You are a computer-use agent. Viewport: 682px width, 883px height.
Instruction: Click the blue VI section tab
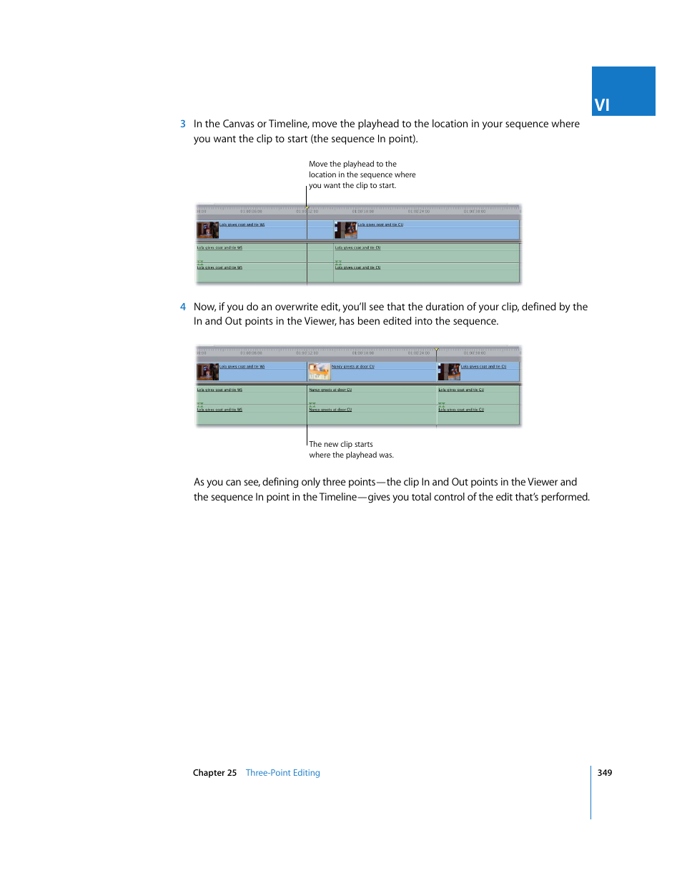pyautogui.click(x=623, y=92)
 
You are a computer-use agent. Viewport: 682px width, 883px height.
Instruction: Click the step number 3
pyautogui.click(x=183, y=124)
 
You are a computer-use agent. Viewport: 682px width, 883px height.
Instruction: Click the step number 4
pyautogui.click(x=183, y=307)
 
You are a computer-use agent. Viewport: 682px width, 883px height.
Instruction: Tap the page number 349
pyautogui.click(x=605, y=773)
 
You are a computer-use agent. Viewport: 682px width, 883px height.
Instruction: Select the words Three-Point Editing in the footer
pyautogui.click(x=282, y=773)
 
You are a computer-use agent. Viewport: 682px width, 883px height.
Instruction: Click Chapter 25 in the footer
pyautogui.click(x=214, y=773)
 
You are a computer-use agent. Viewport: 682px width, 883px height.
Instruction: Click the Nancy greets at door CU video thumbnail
pyautogui.click(x=319, y=371)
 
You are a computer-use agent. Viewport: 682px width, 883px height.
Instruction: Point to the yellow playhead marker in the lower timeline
pyautogui.click(x=437, y=350)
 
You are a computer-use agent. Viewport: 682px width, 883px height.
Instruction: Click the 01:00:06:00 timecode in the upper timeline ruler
pyautogui.click(x=251, y=212)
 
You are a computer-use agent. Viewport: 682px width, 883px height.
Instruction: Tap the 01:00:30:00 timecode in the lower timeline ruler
pyautogui.click(x=474, y=353)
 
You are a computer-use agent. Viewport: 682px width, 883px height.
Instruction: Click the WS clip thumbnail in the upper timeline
pyautogui.click(x=207, y=230)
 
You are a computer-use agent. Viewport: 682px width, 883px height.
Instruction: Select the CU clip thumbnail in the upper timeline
pyautogui.click(x=346, y=230)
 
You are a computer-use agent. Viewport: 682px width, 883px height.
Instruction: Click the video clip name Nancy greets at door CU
pyautogui.click(x=353, y=367)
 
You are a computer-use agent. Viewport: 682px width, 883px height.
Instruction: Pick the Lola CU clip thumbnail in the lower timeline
pyautogui.click(x=449, y=371)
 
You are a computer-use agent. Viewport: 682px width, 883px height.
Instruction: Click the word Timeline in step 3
pyautogui.click(x=288, y=124)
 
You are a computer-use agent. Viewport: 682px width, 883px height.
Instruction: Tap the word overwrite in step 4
pyautogui.click(x=297, y=307)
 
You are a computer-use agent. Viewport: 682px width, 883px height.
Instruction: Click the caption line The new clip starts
pyautogui.click(x=341, y=444)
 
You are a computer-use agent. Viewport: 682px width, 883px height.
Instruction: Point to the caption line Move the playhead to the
pyautogui.click(x=352, y=164)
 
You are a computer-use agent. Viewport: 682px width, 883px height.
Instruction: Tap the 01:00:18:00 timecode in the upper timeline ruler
pyautogui.click(x=362, y=212)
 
